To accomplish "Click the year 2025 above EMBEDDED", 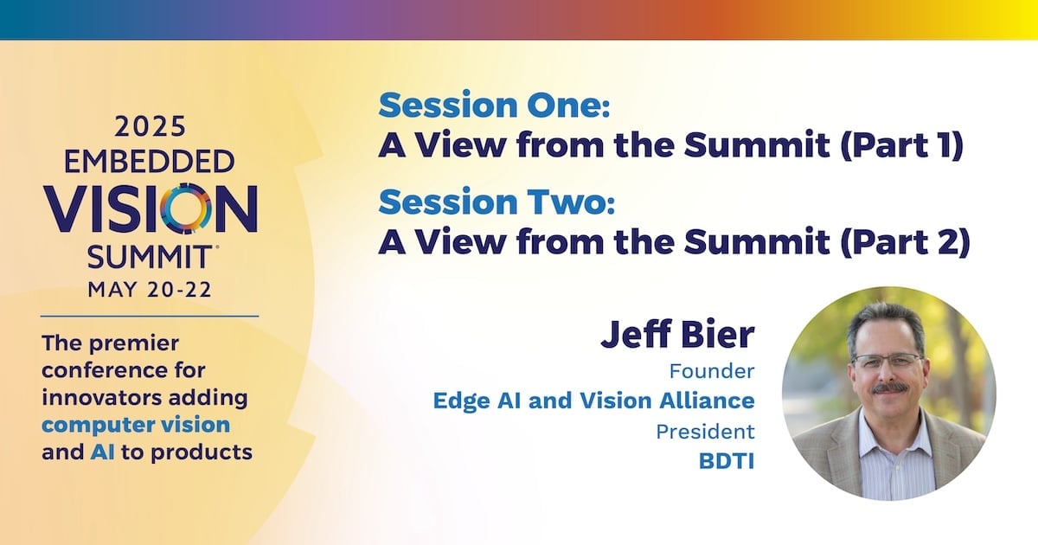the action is click(150, 126).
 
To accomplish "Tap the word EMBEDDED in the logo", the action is click(149, 161).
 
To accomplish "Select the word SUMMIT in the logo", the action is click(149, 257).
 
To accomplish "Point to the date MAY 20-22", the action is click(150, 290).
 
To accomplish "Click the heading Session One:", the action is click(494, 105).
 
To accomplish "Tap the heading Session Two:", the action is click(497, 202).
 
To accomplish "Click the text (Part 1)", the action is click(902, 145).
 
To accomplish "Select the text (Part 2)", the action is click(905, 241).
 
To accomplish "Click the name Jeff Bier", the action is click(677, 334).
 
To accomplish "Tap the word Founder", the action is click(712, 371).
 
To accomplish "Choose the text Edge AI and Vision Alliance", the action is click(593, 401).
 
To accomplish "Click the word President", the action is click(705, 432).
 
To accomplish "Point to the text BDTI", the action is click(727, 460).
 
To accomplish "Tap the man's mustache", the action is click(889, 388).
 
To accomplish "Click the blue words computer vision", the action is click(136, 426).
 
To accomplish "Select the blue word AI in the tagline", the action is click(102, 452).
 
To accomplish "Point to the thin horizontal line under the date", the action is click(149, 317).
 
